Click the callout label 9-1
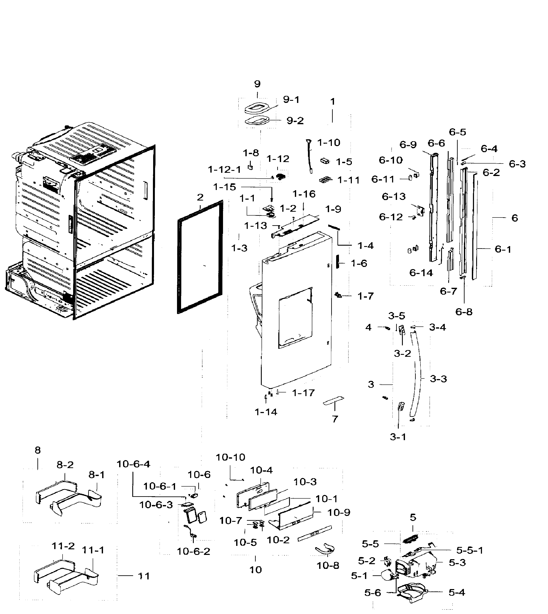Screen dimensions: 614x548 point(291,100)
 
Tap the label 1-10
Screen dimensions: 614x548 point(328,143)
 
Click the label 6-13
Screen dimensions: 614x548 point(394,197)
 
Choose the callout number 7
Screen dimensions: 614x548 point(335,419)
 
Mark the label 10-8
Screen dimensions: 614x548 point(328,566)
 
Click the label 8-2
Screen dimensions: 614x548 point(65,465)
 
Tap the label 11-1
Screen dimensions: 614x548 point(93,550)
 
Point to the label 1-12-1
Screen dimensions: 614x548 point(224,170)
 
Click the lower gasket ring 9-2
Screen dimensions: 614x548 point(257,121)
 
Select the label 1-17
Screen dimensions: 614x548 point(303,393)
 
